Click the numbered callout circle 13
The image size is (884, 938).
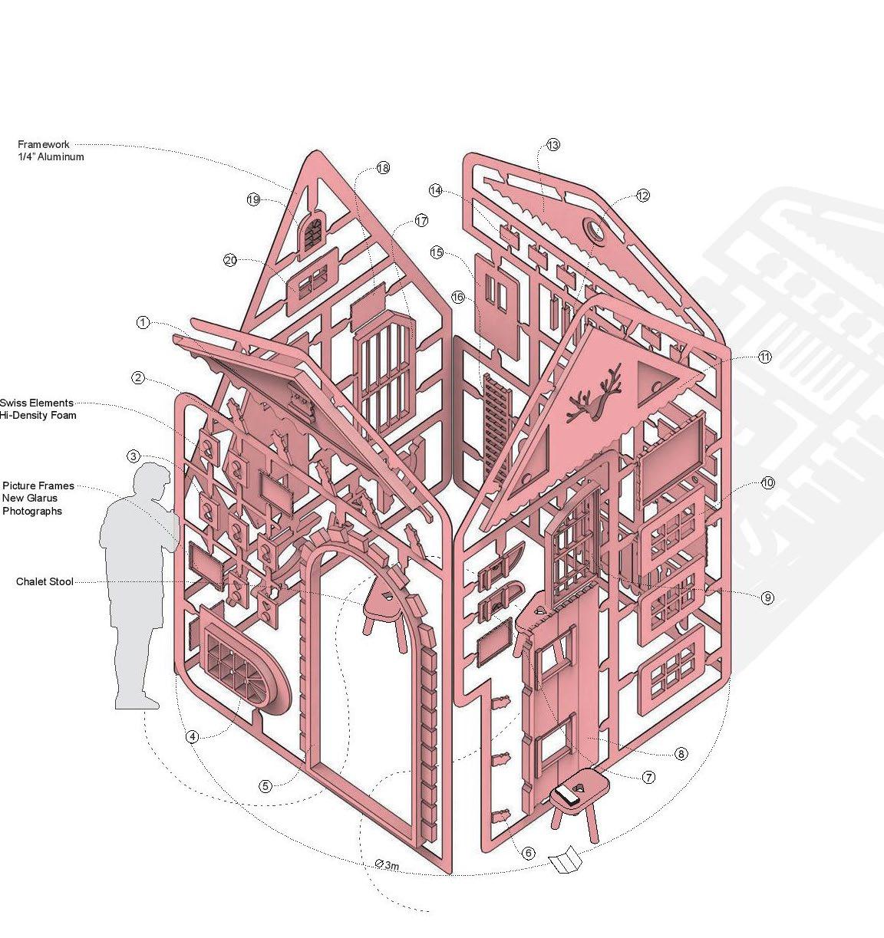point(554,145)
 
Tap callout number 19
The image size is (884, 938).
point(254,200)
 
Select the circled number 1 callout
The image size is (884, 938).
point(143,323)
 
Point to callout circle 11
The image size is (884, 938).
point(765,357)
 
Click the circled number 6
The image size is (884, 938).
point(528,853)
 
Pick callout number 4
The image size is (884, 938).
point(193,737)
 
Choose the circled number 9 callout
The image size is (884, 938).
point(768,597)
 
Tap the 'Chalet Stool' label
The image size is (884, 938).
point(45,582)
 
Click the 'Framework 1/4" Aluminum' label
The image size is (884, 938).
point(51,150)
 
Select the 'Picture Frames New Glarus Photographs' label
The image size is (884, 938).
point(38,499)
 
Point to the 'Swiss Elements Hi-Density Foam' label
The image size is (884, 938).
point(38,409)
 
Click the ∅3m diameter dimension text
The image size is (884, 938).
point(388,866)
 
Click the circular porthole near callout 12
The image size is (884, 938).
point(595,229)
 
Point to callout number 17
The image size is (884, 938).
point(421,221)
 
